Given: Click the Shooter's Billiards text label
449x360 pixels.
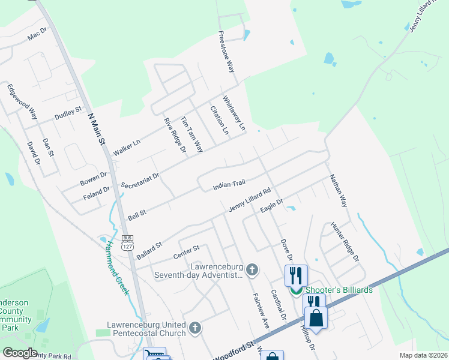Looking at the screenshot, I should [339, 290].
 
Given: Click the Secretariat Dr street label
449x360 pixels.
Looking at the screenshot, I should [139, 181].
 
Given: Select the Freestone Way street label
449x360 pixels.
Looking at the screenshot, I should [226, 52].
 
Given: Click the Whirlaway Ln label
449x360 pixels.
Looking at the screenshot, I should [235, 113].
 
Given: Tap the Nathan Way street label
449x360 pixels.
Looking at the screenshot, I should [338, 191].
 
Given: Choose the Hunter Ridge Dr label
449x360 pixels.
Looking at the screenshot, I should [345, 242].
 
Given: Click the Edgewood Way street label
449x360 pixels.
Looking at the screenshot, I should [22, 101].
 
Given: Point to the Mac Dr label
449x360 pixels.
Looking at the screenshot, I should [37, 35].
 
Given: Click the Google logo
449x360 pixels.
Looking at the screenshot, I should [19, 353].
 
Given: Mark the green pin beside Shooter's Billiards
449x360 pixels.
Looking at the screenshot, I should [295, 291].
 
